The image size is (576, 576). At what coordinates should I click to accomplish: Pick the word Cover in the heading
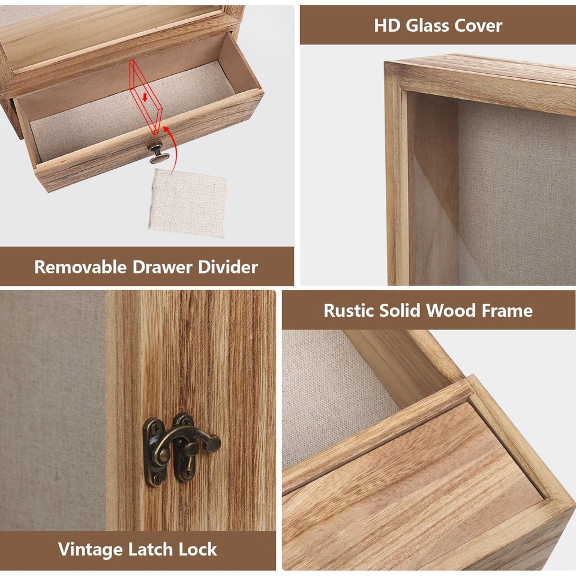(479, 25)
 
